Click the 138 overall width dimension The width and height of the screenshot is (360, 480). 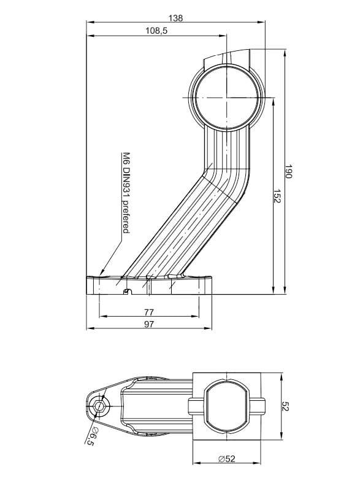175,18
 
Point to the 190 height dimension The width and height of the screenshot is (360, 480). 289,172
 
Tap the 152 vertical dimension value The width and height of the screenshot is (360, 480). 275,196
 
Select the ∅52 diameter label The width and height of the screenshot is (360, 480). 226,457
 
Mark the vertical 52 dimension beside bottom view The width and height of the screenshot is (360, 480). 285,406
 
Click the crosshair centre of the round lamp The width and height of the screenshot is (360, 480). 227,96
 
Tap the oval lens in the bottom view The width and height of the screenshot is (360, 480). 226,406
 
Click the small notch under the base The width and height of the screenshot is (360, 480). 127,291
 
